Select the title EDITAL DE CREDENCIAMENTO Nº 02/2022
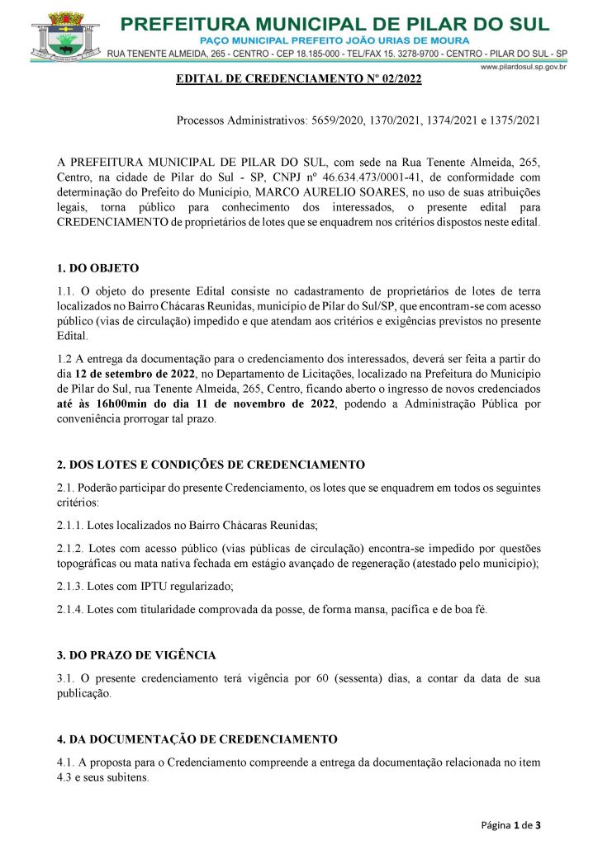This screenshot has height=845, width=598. (298, 79)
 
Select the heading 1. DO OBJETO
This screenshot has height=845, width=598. (98, 268)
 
